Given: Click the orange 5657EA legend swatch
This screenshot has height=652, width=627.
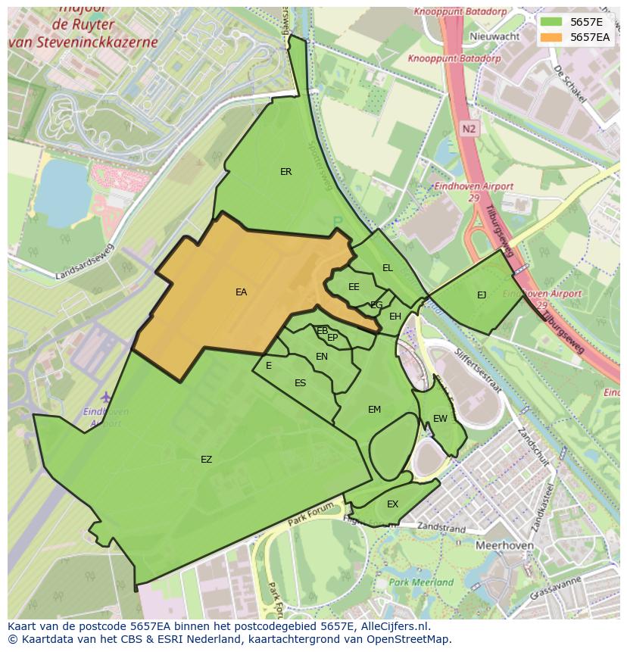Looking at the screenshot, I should click(551, 37).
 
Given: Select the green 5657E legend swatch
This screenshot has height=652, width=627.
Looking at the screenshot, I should click(551, 22).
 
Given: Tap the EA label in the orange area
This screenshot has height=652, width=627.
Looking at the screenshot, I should click(241, 292).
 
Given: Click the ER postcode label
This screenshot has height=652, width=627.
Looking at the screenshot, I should click(285, 172).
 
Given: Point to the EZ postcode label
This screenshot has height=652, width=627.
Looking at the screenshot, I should click(206, 460).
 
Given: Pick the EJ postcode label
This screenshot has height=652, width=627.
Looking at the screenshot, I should click(482, 295).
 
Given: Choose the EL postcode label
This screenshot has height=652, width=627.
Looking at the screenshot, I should click(388, 268).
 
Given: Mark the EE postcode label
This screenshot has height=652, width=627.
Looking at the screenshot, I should click(354, 287).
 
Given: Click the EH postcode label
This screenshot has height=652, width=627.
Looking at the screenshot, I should click(395, 317).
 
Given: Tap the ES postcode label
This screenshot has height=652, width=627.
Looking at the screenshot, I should click(300, 383).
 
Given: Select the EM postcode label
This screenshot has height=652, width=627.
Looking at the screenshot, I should click(374, 410).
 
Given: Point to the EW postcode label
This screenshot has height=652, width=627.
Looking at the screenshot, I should click(440, 419).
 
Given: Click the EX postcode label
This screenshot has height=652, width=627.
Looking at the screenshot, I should click(392, 504).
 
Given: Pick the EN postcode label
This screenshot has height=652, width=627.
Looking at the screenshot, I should click(322, 357).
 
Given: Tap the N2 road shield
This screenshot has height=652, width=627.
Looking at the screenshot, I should click(469, 129).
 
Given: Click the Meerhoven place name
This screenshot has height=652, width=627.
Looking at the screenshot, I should click(504, 545).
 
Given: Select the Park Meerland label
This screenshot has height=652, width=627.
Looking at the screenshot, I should click(421, 582).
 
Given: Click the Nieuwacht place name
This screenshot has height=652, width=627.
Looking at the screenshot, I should click(494, 36).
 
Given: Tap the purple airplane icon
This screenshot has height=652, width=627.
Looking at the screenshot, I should click(105, 397).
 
